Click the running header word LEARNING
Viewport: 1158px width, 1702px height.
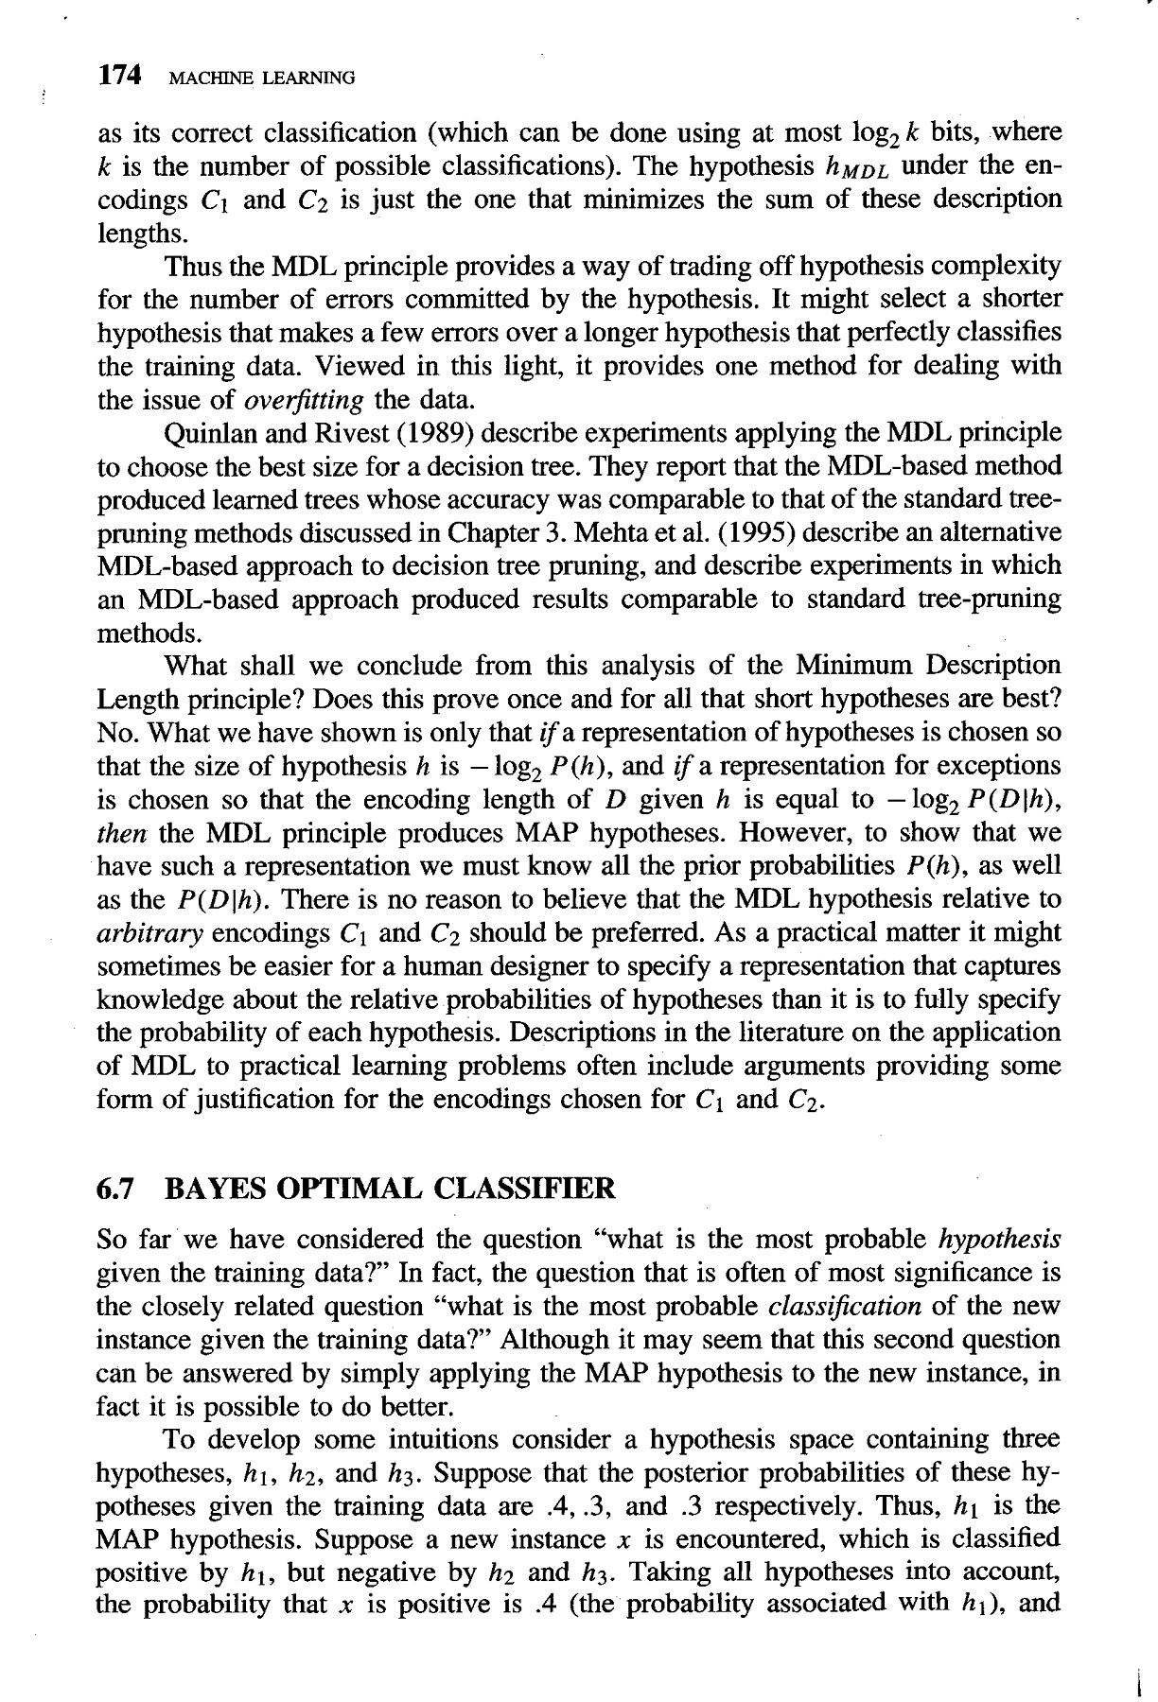click(x=314, y=78)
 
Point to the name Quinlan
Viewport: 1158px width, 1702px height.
click(x=210, y=433)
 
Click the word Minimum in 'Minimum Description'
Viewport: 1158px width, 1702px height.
click(x=850, y=667)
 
